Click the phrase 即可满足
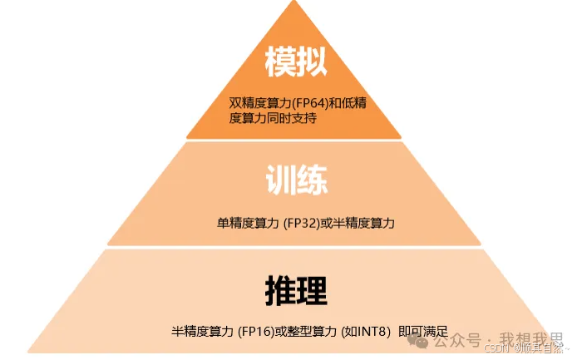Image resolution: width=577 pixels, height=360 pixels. point(424,331)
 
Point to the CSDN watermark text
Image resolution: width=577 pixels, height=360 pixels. point(497,348)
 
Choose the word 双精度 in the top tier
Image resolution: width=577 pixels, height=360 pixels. point(246,104)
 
